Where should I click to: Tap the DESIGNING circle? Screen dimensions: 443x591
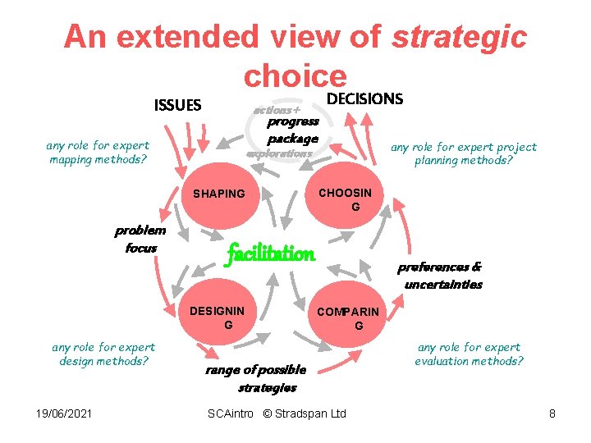tap(218, 315)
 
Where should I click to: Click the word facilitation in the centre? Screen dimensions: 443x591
tap(270, 253)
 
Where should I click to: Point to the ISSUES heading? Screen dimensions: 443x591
tap(177, 105)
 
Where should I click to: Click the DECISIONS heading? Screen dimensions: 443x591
tap(364, 99)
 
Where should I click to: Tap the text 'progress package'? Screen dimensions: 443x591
tap(293, 130)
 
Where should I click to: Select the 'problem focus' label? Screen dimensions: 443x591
tap(140, 239)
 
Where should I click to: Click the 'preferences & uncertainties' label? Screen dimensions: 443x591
tap(441, 276)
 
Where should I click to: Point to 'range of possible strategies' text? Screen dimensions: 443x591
tap(255, 378)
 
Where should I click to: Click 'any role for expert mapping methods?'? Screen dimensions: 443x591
tap(98, 153)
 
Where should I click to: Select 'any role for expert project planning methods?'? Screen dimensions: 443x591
tap(464, 154)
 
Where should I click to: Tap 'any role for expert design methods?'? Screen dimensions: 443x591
tap(103, 354)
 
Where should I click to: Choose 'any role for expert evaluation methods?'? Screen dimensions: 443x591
tap(470, 354)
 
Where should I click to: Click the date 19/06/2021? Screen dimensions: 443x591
tap(57, 413)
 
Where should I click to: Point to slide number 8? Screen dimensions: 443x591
tap(552, 413)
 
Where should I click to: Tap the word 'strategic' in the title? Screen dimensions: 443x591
tap(459, 37)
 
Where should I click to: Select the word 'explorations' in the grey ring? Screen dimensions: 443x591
tap(279, 153)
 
